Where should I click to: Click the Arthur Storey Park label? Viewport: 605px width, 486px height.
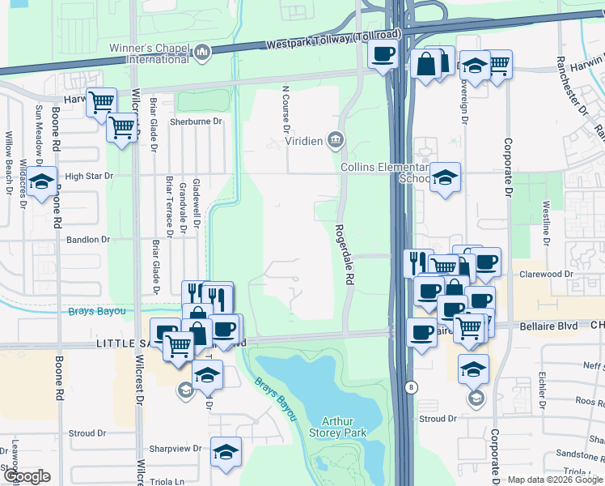point(344,427)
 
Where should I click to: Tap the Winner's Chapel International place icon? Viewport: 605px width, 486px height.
point(202,53)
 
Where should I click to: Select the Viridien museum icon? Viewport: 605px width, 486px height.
point(336,141)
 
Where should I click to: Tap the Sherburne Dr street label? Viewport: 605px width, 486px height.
point(196,122)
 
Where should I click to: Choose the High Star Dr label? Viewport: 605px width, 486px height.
point(89,175)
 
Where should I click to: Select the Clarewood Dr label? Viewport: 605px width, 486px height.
point(546,275)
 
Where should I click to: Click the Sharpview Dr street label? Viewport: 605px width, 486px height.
point(176,448)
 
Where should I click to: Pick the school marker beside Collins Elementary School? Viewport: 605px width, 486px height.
point(444,177)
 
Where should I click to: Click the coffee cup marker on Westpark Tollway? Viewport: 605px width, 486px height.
point(383,54)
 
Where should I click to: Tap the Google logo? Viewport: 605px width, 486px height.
point(27,476)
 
